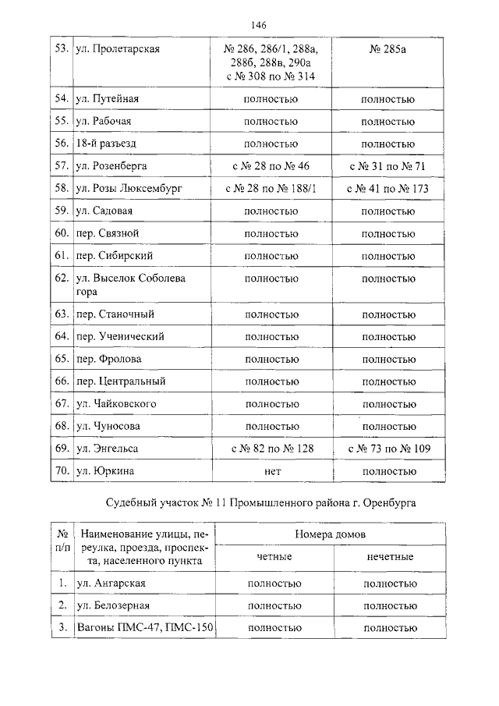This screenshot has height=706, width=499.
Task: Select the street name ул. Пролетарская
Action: coord(118,49)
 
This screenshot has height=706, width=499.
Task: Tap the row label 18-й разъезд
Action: coord(109,144)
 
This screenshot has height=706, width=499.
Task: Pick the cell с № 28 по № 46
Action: coord(271,166)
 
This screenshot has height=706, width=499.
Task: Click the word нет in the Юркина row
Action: coord(271,471)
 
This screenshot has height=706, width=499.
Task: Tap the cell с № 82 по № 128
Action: coord(271,449)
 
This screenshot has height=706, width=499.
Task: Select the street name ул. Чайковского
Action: coord(117,404)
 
